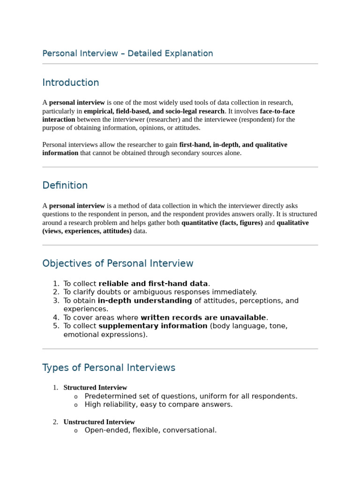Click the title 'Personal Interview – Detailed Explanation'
(x=127, y=53)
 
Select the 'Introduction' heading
(x=71, y=82)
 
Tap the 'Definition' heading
(x=65, y=185)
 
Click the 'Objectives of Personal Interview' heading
(x=118, y=263)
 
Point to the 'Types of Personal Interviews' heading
(x=109, y=367)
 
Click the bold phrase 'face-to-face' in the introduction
(x=277, y=111)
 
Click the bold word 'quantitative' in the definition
(x=199, y=223)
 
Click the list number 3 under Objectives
(x=56, y=300)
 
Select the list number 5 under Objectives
(x=56, y=326)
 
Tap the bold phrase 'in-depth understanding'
(x=145, y=300)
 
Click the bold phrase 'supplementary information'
(x=153, y=326)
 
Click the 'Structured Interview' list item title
(x=95, y=388)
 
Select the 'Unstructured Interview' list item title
(x=99, y=422)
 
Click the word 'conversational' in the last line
(x=190, y=430)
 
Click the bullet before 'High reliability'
(x=76, y=405)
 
